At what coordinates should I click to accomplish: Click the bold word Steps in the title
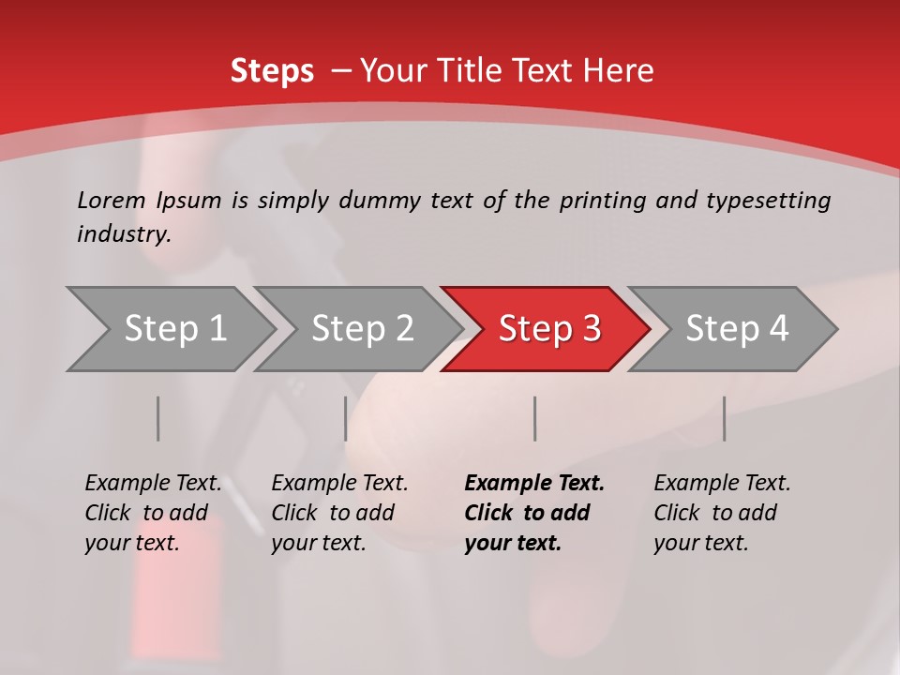(x=272, y=71)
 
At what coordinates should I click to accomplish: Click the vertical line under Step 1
(x=158, y=418)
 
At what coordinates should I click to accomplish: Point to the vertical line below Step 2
(x=346, y=418)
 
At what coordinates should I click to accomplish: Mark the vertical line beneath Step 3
(x=535, y=418)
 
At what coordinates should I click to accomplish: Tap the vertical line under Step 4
(x=725, y=418)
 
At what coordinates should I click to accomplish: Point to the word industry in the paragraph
(x=124, y=234)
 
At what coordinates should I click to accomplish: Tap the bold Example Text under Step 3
(x=534, y=484)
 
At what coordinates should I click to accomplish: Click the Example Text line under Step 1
(x=153, y=484)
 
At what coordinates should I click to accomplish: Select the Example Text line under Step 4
(x=722, y=484)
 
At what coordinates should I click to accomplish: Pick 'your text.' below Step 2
(x=318, y=543)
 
